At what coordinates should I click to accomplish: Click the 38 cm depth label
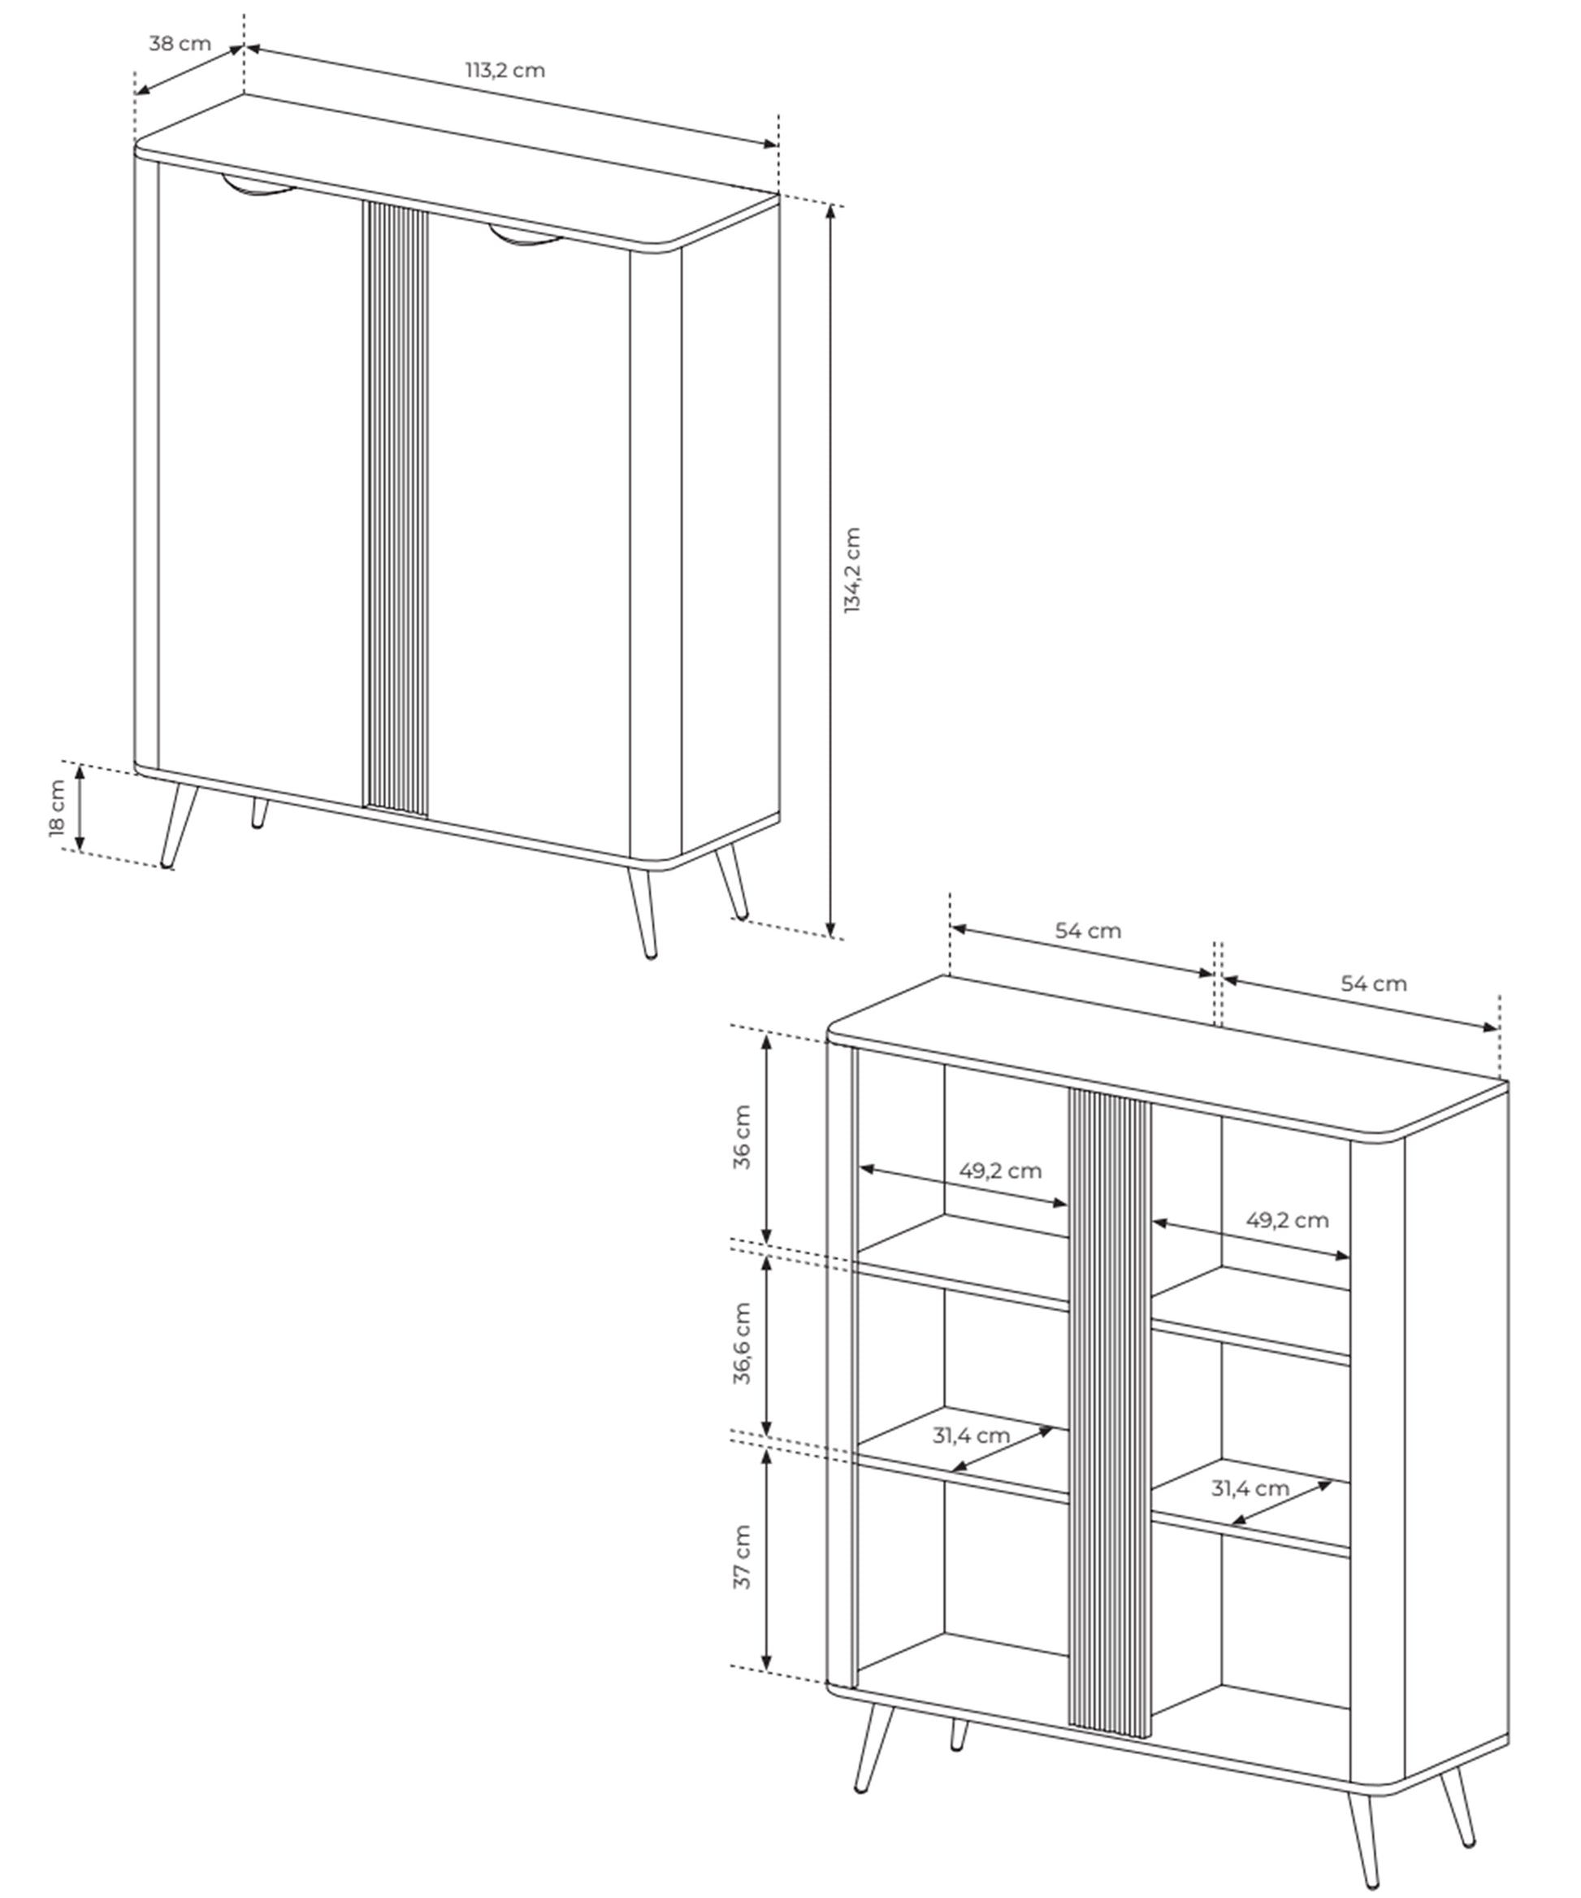tap(180, 43)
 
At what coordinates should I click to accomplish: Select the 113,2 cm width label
tap(505, 71)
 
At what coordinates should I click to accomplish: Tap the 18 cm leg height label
tap(57, 808)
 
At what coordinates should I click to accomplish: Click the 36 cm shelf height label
tap(742, 1137)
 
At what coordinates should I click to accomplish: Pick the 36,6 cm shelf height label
tap(742, 1343)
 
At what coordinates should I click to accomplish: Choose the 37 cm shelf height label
tap(742, 1557)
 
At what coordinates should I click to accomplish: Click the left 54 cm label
tap(1088, 931)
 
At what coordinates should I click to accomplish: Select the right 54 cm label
tap(1373, 984)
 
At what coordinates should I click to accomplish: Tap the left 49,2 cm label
tap(1000, 1171)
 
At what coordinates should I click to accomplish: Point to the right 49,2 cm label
tap(1288, 1220)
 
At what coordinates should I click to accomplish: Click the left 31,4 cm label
tap(971, 1435)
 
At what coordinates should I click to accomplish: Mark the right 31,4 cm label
tap(1250, 1488)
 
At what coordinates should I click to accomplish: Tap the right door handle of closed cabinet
tap(526, 237)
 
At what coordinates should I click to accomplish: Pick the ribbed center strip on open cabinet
tap(1110, 1414)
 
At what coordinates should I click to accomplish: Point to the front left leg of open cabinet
tap(873, 1749)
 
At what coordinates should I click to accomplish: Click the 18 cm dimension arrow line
tap(80, 808)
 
